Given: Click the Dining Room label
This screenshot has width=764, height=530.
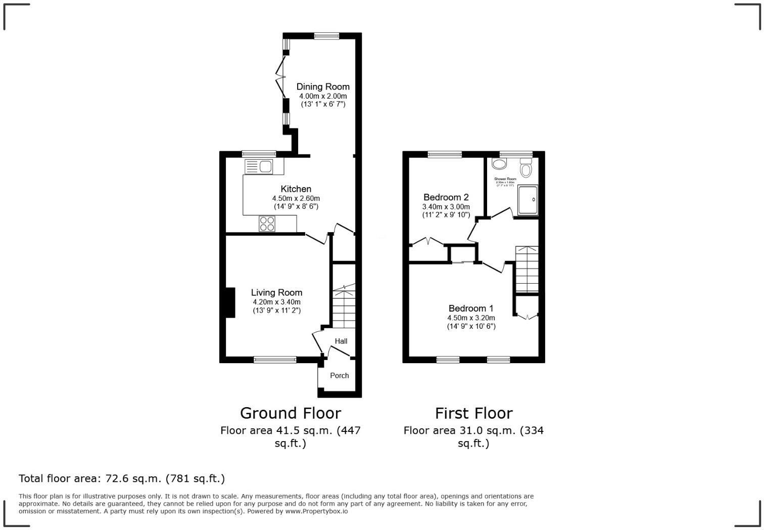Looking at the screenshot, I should coord(322,86).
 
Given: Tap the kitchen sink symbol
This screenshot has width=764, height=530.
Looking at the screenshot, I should coord(258,166).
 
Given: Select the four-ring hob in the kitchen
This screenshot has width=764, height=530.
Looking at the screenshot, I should coord(267,224).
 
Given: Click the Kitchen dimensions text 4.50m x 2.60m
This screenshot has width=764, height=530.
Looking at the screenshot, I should coord(296,198).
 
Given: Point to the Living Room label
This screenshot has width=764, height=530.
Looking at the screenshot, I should coord(276,292).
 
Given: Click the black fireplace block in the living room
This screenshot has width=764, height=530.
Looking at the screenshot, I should coord(230,302).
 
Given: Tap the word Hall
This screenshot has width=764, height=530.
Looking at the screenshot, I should coord(341,341).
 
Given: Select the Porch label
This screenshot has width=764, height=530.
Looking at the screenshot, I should coord(339,375).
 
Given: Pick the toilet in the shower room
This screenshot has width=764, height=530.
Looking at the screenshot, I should coord(526,168).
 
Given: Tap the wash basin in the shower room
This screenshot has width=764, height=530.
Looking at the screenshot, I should coord(499,164).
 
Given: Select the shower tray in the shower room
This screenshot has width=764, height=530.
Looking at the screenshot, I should coord(528,200).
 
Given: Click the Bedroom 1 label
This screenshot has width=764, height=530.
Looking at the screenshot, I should coord(471,308).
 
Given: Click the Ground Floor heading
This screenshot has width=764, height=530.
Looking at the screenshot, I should coord(291,413).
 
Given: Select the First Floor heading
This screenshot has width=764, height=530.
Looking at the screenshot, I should coord(473,413).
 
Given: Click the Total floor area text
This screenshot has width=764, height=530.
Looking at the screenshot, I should coord(122,478).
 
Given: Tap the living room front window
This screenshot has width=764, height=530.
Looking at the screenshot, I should coord(275,360).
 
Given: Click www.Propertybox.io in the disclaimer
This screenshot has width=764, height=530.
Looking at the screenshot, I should coord(316,511).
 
